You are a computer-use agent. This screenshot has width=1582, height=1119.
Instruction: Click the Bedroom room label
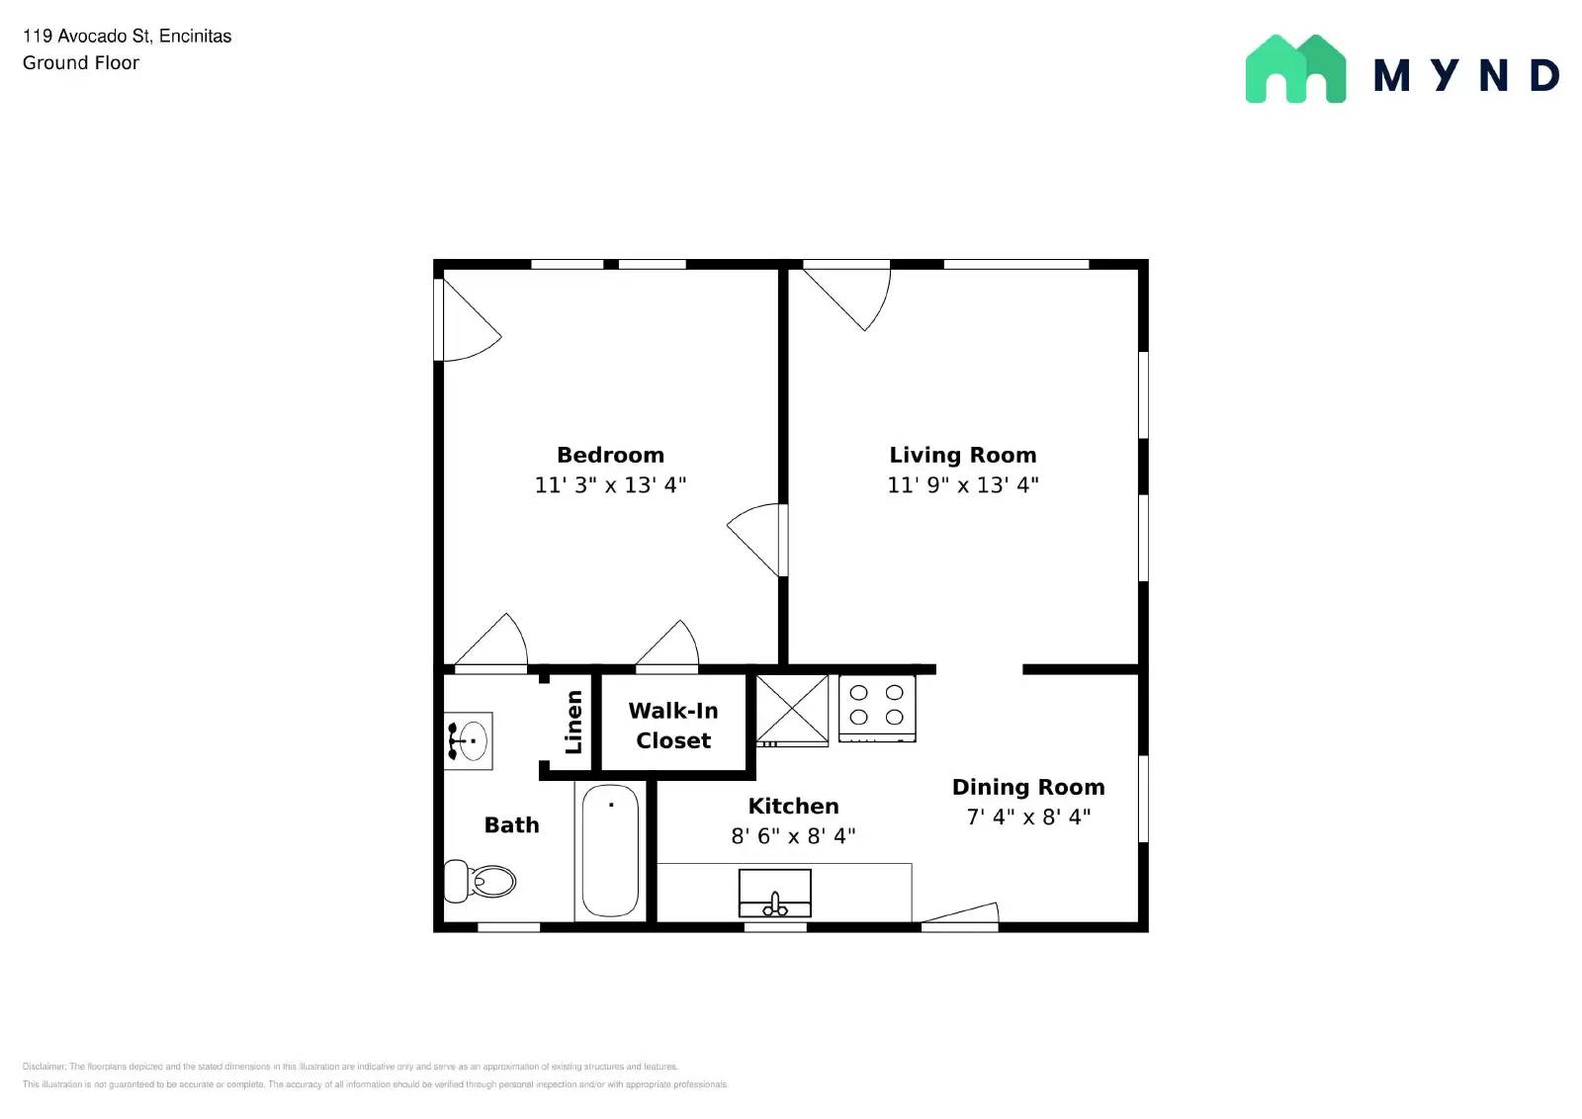(x=610, y=455)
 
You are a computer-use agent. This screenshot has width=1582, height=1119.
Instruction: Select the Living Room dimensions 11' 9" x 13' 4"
(x=962, y=485)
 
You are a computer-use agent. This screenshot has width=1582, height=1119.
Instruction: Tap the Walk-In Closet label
(x=673, y=726)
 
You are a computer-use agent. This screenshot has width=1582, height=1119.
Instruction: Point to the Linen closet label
(x=573, y=722)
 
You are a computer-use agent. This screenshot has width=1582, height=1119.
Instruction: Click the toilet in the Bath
(x=482, y=881)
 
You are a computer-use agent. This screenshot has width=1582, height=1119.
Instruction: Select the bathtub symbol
(x=610, y=850)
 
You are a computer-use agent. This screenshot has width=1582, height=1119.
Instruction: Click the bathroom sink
(x=470, y=739)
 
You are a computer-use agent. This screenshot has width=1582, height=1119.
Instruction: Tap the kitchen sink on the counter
(x=775, y=894)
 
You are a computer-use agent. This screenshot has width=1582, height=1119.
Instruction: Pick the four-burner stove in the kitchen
(x=877, y=707)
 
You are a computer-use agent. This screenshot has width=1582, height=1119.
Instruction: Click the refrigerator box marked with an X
(x=792, y=709)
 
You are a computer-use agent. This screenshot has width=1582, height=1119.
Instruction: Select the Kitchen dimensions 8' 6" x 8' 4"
(x=793, y=836)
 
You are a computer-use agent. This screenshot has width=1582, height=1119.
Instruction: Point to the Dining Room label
(x=1028, y=788)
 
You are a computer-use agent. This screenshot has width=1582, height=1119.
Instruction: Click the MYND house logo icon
(x=1295, y=69)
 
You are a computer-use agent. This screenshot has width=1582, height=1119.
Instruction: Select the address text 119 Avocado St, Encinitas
(x=127, y=37)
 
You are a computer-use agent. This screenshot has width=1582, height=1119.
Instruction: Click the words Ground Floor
(x=81, y=63)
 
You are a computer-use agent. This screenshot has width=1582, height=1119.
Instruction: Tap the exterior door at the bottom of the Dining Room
(x=960, y=916)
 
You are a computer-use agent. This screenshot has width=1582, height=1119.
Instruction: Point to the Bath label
(x=511, y=825)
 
